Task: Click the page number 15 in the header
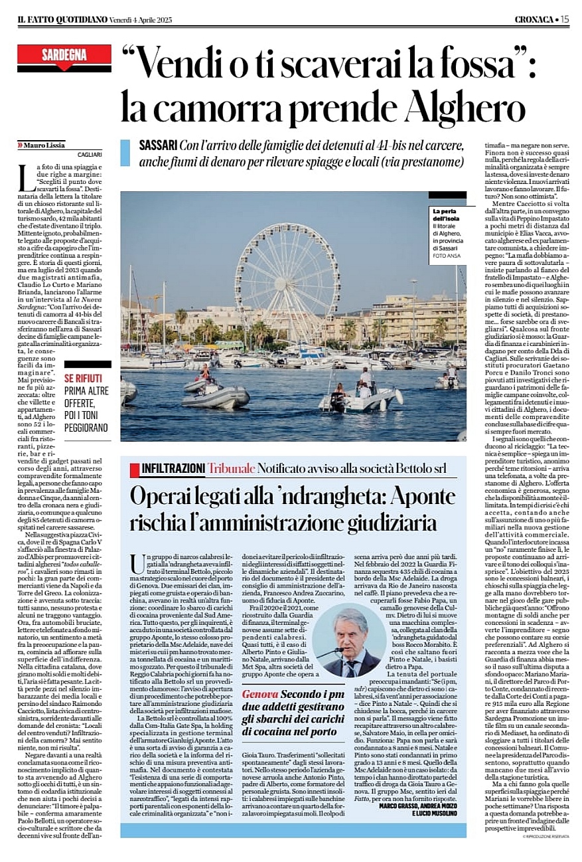564,19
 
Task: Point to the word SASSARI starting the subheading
157,145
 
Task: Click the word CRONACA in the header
532,20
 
